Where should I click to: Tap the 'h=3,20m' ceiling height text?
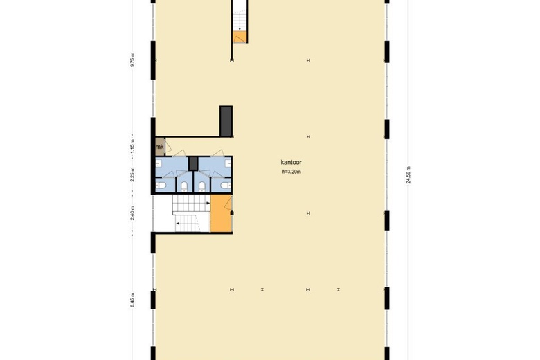291,172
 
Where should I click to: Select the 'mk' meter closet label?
159,147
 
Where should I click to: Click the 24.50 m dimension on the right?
408,174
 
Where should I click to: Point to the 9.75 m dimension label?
132,60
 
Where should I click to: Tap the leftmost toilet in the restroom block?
160,186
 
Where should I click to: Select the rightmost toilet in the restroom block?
223,186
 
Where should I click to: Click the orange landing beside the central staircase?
221,213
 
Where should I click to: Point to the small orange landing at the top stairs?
239,37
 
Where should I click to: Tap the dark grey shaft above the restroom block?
225,121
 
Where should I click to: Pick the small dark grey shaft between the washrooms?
193,163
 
